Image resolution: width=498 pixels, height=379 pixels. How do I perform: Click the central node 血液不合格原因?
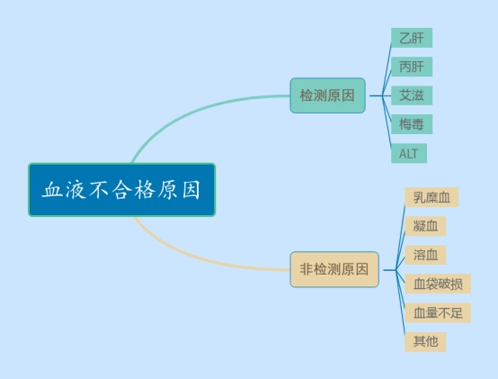tap(122, 190)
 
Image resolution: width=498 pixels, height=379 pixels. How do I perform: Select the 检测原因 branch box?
tap(327, 95)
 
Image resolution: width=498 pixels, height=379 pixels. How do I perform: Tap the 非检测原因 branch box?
tap(334, 270)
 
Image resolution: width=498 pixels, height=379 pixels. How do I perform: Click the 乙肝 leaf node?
tap(412, 38)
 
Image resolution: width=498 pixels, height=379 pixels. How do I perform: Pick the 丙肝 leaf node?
tap(412, 67)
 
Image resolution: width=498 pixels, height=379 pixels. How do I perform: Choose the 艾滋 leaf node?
tap(412, 95)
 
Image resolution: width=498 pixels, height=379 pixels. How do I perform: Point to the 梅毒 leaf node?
tap(412, 124)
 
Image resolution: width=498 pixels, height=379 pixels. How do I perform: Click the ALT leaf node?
tap(409, 153)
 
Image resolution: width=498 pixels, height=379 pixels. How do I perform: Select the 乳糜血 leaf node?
tap(431, 197)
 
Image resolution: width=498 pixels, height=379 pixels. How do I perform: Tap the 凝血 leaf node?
tap(425, 226)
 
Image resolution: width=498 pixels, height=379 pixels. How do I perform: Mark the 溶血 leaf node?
tap(425, 255)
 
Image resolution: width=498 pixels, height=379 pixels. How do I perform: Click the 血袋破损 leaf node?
tap(438, 284)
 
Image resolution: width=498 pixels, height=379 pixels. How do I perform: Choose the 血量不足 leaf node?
tap(438, 313)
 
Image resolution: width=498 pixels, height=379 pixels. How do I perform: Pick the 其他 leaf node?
tap(425, 342)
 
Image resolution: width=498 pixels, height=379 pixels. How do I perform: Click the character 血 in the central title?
tap(53, 190)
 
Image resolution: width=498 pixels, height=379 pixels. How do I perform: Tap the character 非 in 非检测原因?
tap(307, 269)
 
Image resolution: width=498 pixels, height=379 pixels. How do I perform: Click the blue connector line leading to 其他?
tap(401, 302)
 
